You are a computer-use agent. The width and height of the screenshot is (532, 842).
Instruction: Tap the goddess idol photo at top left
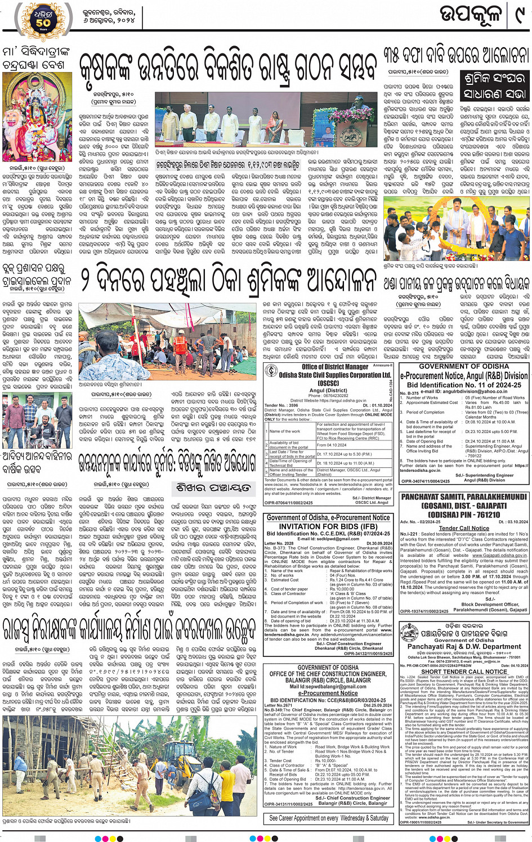click(37, 116)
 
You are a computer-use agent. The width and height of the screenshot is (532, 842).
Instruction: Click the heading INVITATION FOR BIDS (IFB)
click(329, 526)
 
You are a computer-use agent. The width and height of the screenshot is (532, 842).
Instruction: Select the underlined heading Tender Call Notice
click(464, 528)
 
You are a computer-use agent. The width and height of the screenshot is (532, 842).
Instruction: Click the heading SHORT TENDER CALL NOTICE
click(464, 672)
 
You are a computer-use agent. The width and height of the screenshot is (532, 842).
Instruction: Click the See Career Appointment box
click(329, 818)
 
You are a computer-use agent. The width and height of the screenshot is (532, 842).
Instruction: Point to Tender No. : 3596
click(281, 405)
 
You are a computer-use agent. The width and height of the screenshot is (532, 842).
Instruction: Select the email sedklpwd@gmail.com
click(329, 539)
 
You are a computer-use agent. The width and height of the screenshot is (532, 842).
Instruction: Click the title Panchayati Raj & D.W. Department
click(464, 647)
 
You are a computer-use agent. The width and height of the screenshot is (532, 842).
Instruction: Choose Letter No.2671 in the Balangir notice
click(279, 705)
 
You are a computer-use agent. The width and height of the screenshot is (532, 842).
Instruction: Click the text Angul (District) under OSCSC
click(328, 390)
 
